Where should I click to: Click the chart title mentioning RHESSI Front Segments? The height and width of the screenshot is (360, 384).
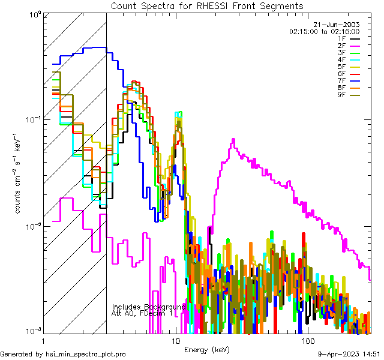pyautogui.click(x=207, y=5)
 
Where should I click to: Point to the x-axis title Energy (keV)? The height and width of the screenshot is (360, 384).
pyautogui.click(x=206, y=350)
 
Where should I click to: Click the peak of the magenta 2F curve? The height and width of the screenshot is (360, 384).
pyautogui.click(x=232, y=140)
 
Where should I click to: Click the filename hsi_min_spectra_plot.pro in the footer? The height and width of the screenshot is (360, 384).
pyautogui.click(x=86, y=354)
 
